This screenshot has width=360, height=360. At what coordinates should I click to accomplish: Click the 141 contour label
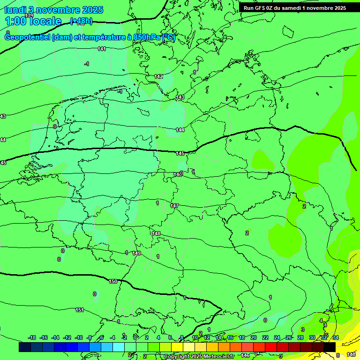click(102, 49)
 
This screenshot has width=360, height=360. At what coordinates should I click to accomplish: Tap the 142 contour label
click(158, 76)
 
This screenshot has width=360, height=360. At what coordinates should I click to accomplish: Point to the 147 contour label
click(174, 206)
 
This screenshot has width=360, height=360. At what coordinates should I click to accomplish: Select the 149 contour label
click(136, 253)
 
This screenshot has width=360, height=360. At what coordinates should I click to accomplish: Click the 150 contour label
click(113, 281)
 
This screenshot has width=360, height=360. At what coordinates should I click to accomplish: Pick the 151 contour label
click(80, 310)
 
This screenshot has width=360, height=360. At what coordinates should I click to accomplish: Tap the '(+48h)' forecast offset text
click(81, 21)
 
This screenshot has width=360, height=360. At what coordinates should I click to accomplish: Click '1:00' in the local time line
click(15, 21)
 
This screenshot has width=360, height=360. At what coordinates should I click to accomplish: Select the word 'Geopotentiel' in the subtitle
click(27, 37)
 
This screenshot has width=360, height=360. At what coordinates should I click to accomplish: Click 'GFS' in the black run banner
click(261, 8)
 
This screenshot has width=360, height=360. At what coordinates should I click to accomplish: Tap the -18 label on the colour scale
click(32, 337)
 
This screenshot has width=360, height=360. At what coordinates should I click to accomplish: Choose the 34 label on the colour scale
click(336, 337)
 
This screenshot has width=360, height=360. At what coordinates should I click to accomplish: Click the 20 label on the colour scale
click(253, 337)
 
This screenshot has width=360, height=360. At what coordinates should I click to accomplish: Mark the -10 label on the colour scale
click(79, 337)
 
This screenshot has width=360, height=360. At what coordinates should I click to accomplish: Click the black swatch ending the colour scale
click(330, 347)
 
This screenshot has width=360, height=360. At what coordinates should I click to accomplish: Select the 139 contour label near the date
click(29, 15)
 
